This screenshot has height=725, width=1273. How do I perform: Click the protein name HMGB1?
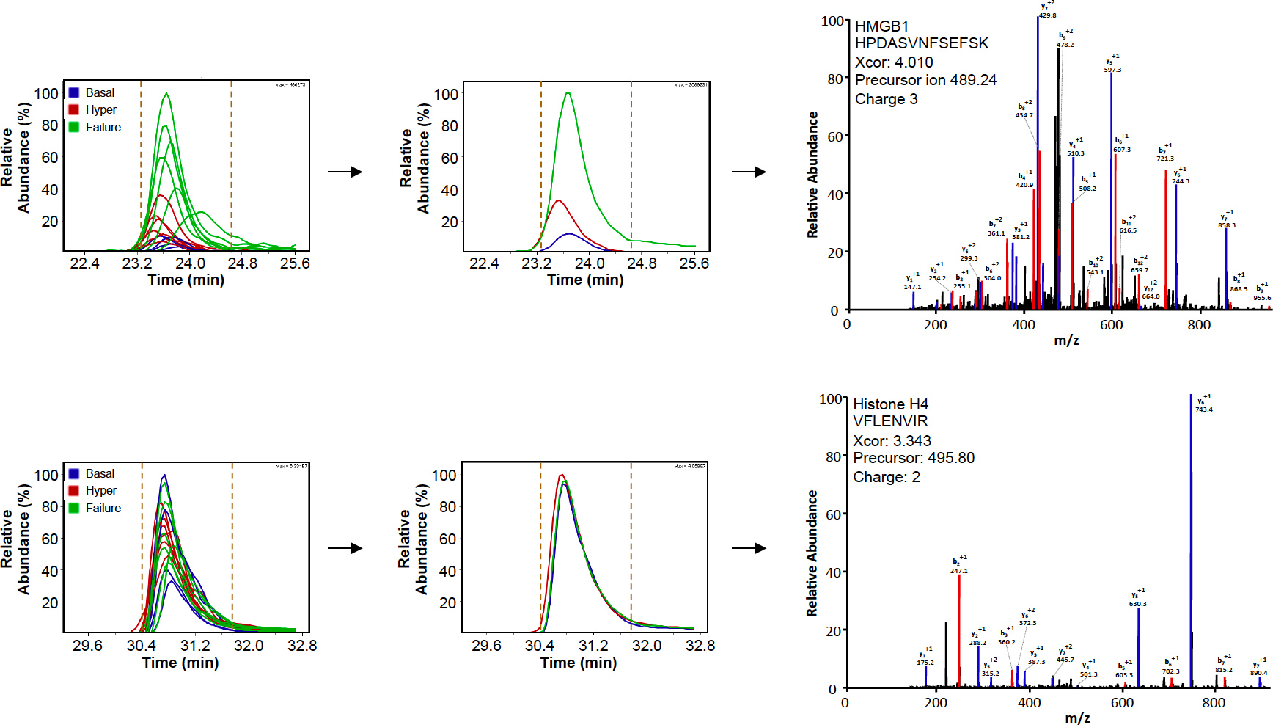click(881, 26)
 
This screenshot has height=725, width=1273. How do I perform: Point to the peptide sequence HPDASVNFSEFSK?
click(921, 43)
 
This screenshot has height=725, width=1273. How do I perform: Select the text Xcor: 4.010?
click(893, 62)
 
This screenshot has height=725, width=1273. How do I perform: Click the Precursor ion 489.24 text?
click(925, 80)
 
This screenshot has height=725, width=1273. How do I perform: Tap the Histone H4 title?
click(890, 404)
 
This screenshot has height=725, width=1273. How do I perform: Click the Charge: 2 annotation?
click(886, 477)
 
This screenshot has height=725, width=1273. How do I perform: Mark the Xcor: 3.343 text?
click(892, 441)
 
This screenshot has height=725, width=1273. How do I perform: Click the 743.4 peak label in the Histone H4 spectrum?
click(1203, 409)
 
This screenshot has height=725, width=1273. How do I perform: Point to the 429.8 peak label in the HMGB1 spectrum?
click(1047, 15)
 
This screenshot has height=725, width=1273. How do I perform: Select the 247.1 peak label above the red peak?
click(958, 570)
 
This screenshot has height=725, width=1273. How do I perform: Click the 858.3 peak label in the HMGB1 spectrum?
click(1226, 225)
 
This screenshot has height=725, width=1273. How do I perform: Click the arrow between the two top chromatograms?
click(345, 172)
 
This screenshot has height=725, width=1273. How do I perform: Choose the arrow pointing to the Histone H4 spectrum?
click(749, 548)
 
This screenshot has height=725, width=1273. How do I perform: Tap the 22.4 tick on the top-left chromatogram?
click(84, 263)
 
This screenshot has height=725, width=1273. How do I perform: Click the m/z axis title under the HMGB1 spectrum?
click(1065, 340)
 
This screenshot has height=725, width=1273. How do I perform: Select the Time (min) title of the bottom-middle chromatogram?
click(578, 663)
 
